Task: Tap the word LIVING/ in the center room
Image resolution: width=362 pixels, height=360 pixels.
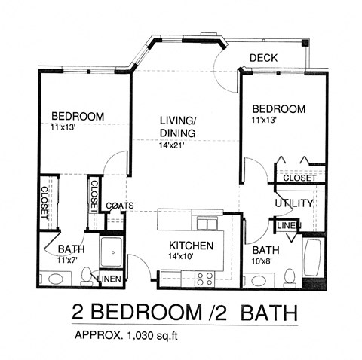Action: click(178, 121)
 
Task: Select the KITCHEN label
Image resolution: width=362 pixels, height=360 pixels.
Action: click(191, 246)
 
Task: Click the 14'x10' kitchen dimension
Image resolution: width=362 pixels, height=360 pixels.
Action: click(191, 257)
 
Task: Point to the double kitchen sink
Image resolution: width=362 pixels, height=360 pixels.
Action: click(204, 224)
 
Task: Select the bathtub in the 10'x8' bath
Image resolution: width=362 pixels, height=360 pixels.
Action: click(311, 258)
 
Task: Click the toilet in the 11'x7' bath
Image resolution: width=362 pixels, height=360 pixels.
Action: click(87, 275)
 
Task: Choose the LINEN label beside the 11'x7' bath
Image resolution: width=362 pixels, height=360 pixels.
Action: click(110, 280)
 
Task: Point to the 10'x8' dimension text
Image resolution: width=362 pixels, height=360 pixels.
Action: click(265, 262)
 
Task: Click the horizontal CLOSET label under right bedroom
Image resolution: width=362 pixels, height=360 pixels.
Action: click(299, 178)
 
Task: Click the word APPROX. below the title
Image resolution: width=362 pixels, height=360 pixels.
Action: click(92, 334)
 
